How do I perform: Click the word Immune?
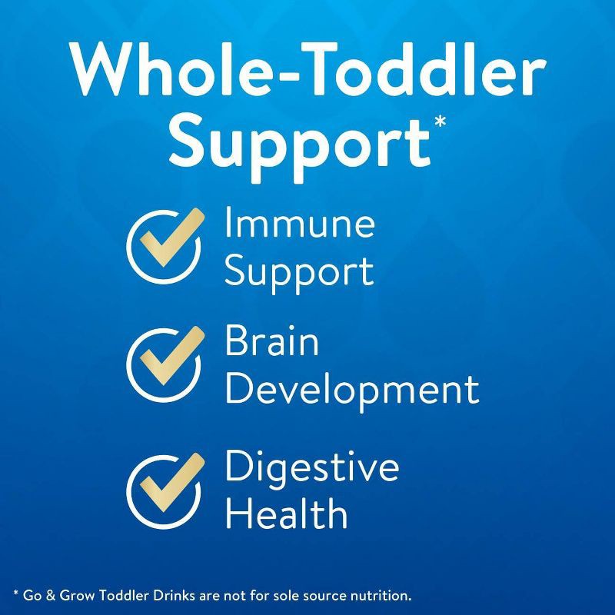tap(299, 224)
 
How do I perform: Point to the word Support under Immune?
tap(299, 271)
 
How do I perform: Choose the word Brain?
tap(271, 342)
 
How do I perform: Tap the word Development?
tap(351, 390)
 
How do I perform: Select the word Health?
tap(285, 513)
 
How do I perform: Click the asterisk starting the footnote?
tap(16, 593)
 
